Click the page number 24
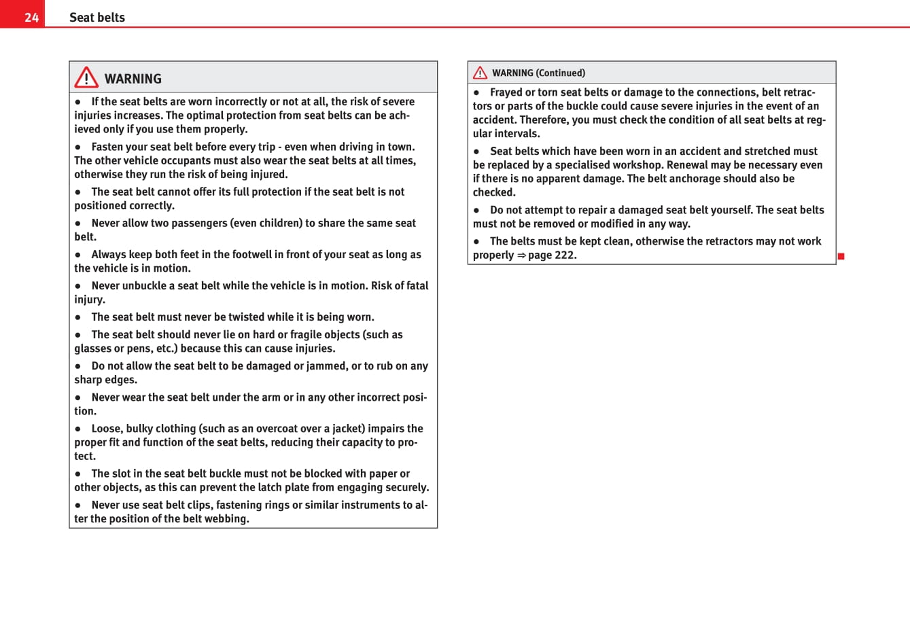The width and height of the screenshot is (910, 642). click(31, 17)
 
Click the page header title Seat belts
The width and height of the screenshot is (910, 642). click(97, 18)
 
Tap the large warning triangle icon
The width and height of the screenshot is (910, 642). click(86, 77)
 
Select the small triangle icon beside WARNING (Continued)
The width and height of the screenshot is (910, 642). click(480, 73)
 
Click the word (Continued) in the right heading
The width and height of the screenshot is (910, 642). click(561, 73)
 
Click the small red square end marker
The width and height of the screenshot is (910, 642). click(841, 256)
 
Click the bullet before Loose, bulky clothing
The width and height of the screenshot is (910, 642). click(78, 429)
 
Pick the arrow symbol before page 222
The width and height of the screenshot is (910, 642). click(521, 255)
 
